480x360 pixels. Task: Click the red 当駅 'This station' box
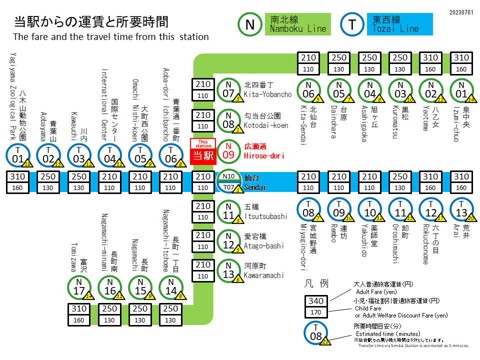tap(203, 151)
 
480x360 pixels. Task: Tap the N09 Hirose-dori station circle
tap(228, 150)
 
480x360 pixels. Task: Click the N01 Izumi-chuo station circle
tap(461, 90)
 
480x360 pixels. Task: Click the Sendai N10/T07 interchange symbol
tap(228, 181)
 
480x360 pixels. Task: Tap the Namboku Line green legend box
tap(297, 24)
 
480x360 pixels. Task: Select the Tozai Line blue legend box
tap(399, 24)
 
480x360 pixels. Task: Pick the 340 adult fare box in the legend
tap(316, 301)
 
